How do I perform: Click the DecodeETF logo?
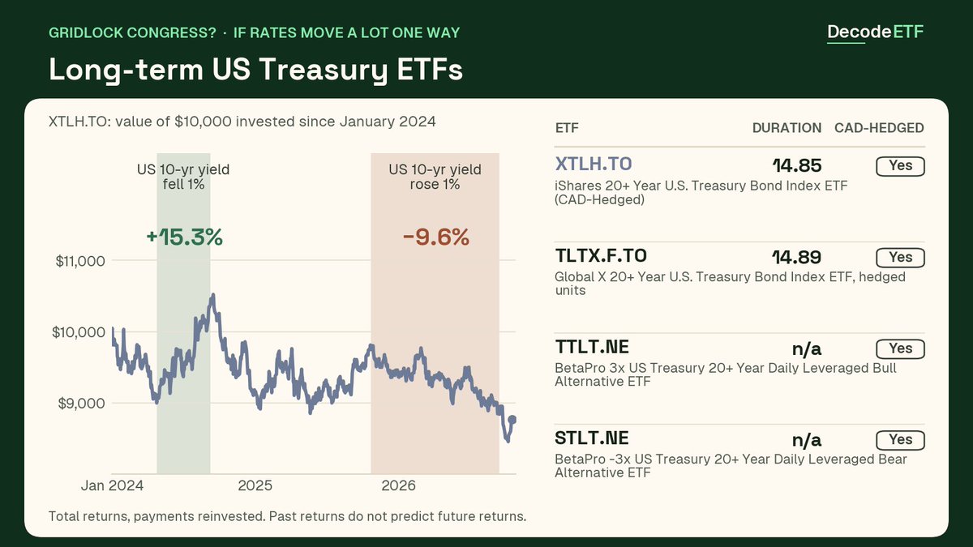click(x=875, y=32)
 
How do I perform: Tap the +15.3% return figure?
click(x=185, y=237)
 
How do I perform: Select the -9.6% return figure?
click(x=436, y=237)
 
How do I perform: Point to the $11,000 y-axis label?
click(x=80, y=261)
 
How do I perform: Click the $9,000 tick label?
click(x=82, y=404)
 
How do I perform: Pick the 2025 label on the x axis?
click(x=255, y=485)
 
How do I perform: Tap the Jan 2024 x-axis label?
click(x=112, y=485)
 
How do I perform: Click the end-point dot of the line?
click(x=512, y=420)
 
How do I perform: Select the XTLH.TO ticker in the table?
click(x=594, y=164)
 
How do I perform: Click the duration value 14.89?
click(x=796, y=258)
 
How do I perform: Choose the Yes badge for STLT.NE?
click(x=901, y=440)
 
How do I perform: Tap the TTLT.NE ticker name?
click(x=592, y=347)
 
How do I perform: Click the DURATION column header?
click(x=787, y=128)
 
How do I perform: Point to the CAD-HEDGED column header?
click(x=879, y=128)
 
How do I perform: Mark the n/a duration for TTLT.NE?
click(x=807, y=348)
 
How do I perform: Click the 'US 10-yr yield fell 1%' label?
click(x=183, y=177)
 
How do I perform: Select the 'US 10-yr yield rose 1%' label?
click(x=435, y=177)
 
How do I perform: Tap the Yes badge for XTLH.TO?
click(x=901, y=166)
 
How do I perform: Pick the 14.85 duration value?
click(x=797, y=166)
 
